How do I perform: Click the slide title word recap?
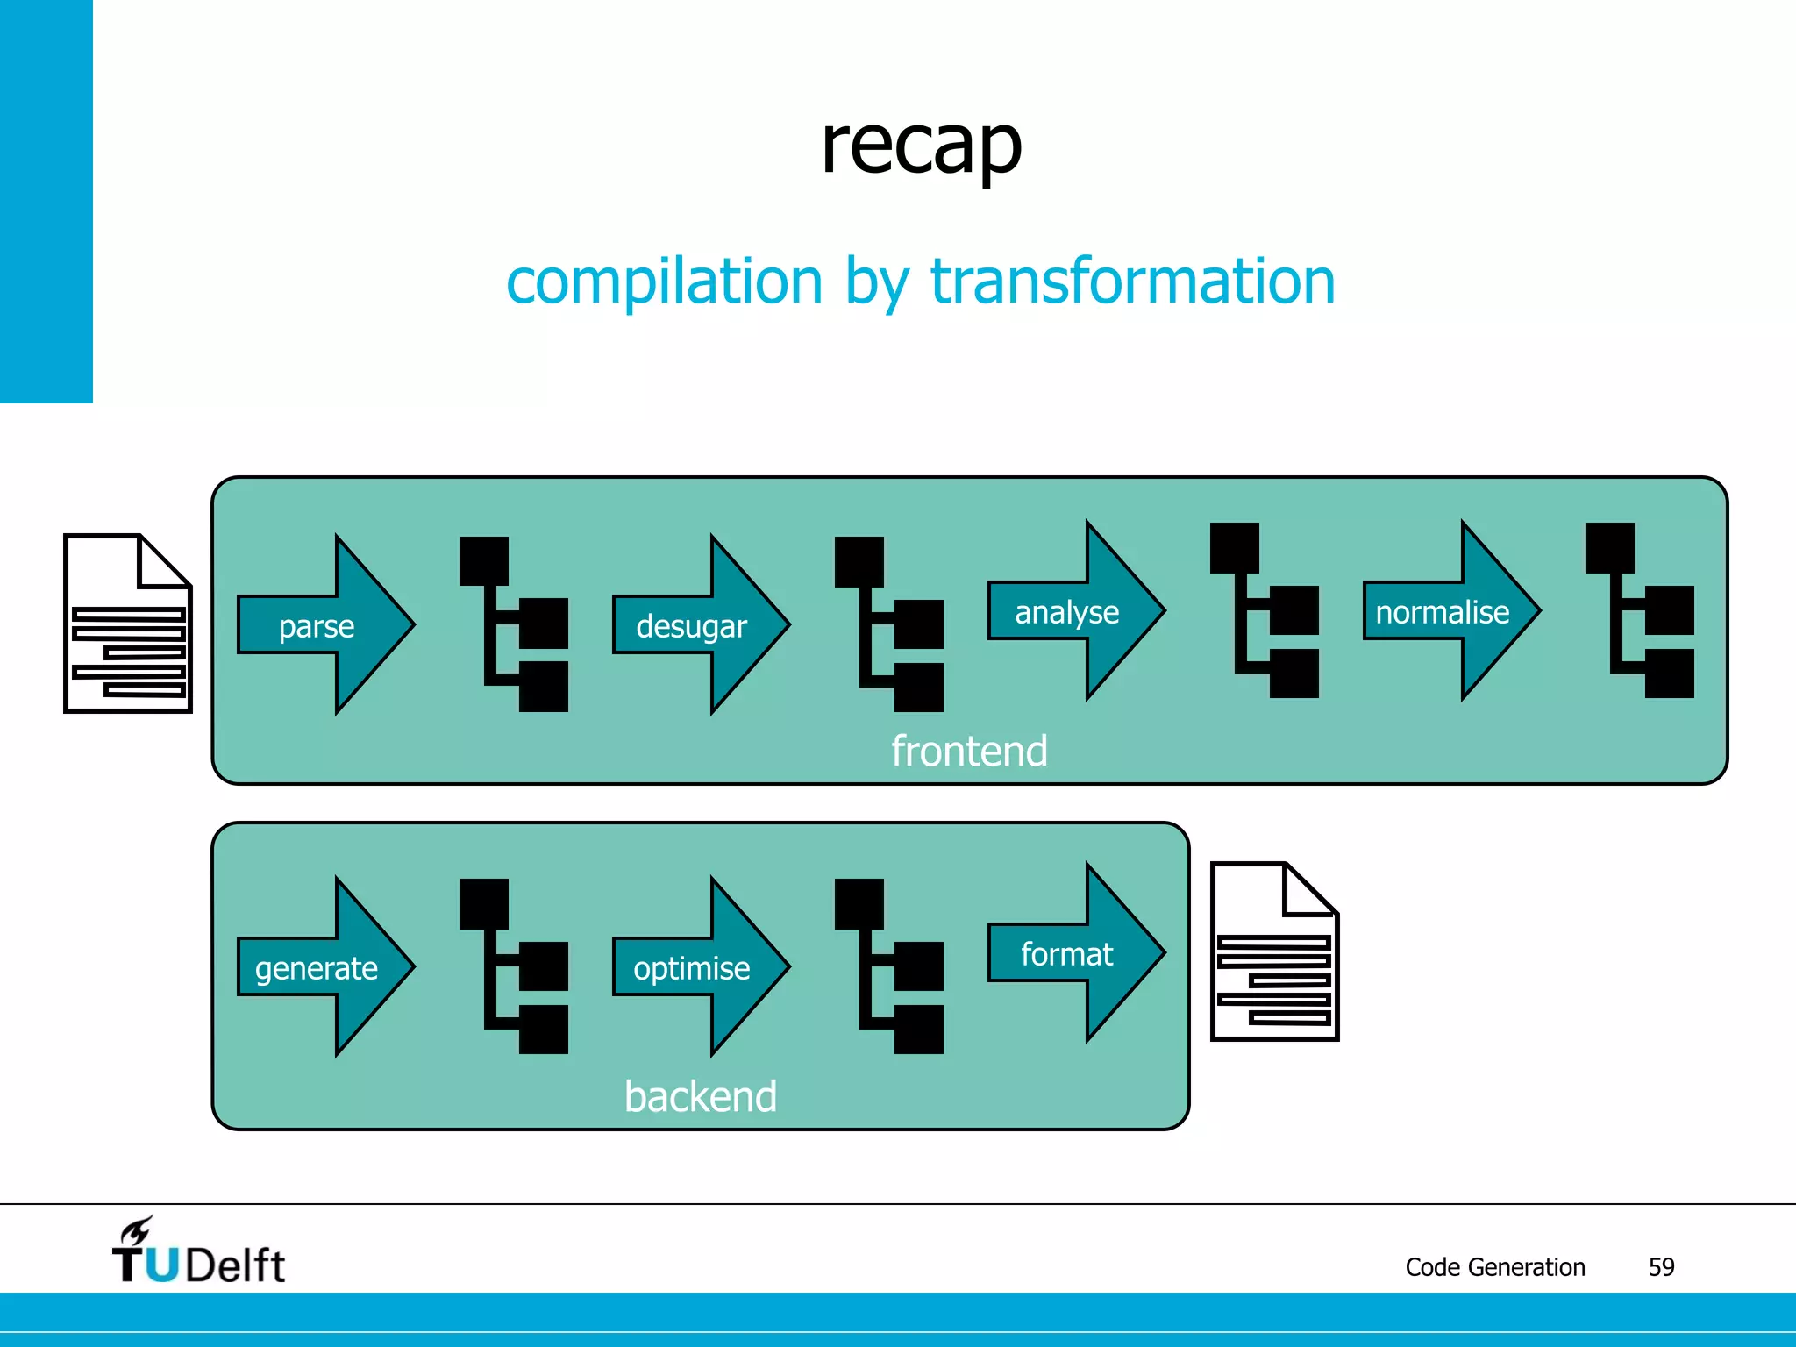coord(921,147)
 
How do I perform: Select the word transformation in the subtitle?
coord(1132,282)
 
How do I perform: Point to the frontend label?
coord(969,752)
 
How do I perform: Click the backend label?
coord(700,1097)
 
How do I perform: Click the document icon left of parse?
coord(128,624)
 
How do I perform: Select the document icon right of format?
coord(1274,952)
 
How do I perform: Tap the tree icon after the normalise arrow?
coord(1638,610)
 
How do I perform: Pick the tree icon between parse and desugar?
coord(513,624)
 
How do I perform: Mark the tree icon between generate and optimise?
coord(513,966)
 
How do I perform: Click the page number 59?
coord(1661,1267)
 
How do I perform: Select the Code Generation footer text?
coord(1494,1267)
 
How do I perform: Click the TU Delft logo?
coord(198,1253)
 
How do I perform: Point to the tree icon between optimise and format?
coord(888,966)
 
